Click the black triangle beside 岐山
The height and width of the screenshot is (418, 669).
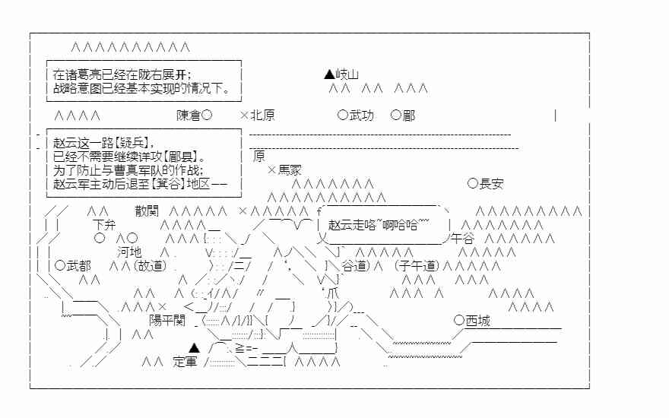coord(328,74)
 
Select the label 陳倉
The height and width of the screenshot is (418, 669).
coord(189,116)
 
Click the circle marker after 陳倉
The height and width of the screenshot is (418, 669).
coord(208,116)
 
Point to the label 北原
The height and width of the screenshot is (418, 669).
coord(262,116)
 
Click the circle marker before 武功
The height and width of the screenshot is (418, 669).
coord(342,116)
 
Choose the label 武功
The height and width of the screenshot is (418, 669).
coord(362,116)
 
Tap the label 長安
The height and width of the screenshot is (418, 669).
coord(491,183)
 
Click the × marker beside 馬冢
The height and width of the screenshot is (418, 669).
coord(271,170)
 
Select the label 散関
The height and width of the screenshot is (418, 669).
coord(147,211)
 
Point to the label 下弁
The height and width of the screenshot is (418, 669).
coord(105,225)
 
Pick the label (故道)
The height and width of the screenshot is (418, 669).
coord(150,265)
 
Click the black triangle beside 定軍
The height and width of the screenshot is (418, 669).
coord(193,348)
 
